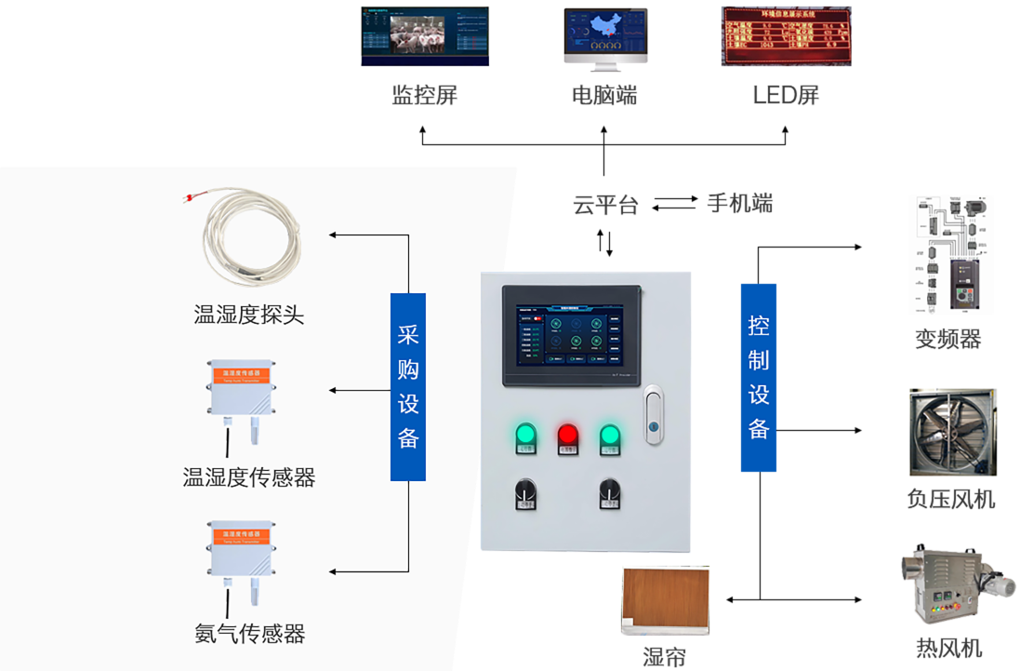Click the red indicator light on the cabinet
(x=567, y=435)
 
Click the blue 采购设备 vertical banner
(x=408, y=386)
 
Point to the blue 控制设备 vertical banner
(x=759, y=377)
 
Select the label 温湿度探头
(x=248, y=315)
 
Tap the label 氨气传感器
(x=249, y=635)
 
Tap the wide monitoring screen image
(x=423, y=37)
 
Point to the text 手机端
(x=739, y=203)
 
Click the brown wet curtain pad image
(x=665, y=605)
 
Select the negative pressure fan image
(x=951, y=430)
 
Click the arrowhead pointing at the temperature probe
(x=334, y=235)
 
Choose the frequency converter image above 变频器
(x=951, y=253)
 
